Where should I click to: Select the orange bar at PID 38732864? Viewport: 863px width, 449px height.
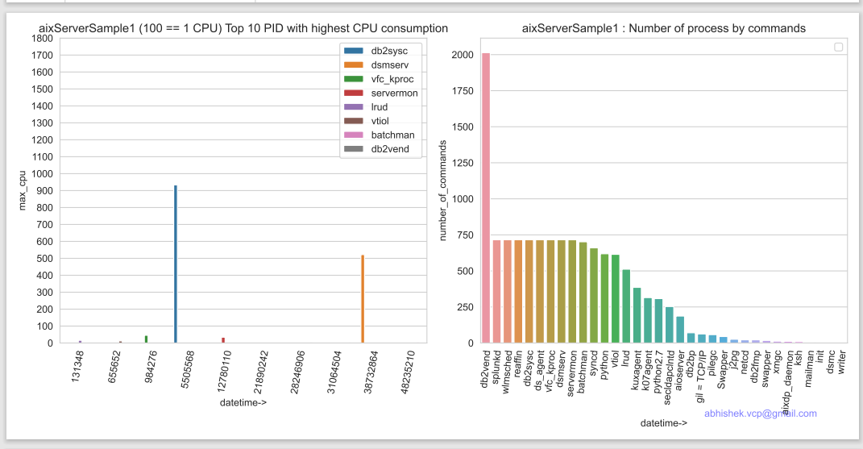click(x=363, y=299)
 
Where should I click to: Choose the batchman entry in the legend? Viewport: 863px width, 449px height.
click(x=392, y=135)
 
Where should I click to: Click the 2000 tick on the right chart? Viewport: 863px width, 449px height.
click(x=462, y=55)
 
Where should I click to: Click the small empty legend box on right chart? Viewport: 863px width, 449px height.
click(x=839, y=48)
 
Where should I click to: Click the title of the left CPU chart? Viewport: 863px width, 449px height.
click(x=243, y=28)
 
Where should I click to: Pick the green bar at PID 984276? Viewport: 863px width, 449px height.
click(x=146, y=339)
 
